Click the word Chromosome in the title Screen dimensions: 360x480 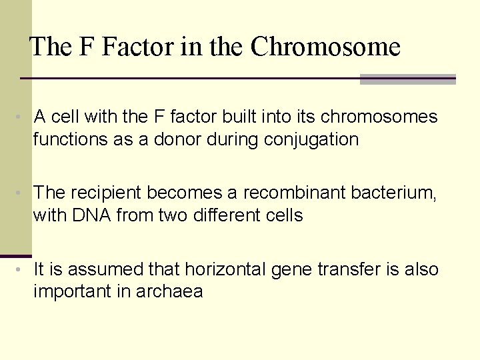click(x=325, y=47)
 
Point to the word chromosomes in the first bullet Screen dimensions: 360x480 click(x=379, y=117)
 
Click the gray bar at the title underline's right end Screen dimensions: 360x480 click(x=407, y=79)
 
